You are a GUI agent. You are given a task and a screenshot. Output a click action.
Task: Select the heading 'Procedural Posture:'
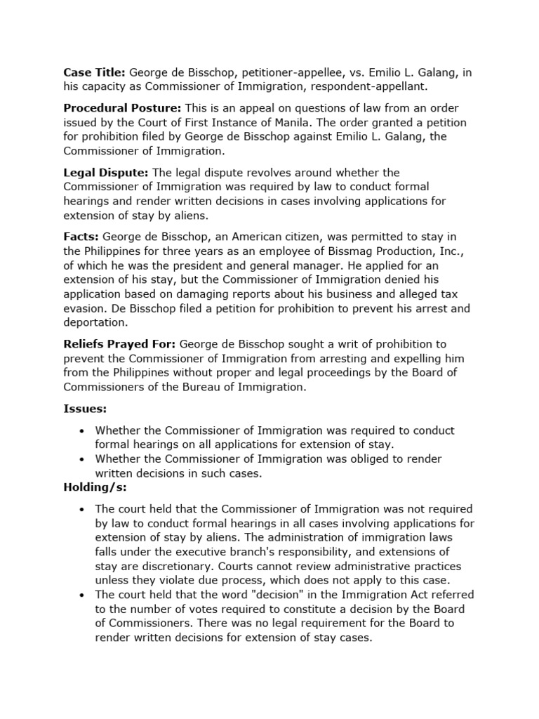122,108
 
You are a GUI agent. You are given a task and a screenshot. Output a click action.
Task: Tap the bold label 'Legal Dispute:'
106,173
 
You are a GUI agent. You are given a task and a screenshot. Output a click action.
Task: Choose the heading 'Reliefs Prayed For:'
120,344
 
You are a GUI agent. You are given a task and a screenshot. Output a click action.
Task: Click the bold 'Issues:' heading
85,409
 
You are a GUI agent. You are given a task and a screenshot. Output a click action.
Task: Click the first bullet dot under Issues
83,430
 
